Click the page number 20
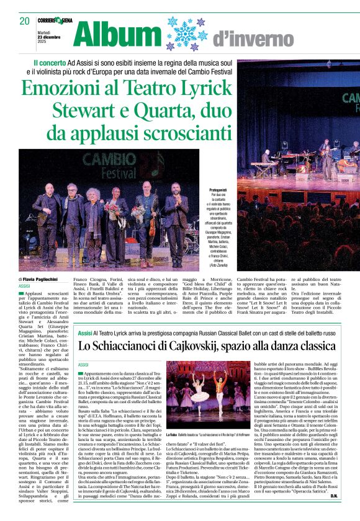[x=24, y=20]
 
